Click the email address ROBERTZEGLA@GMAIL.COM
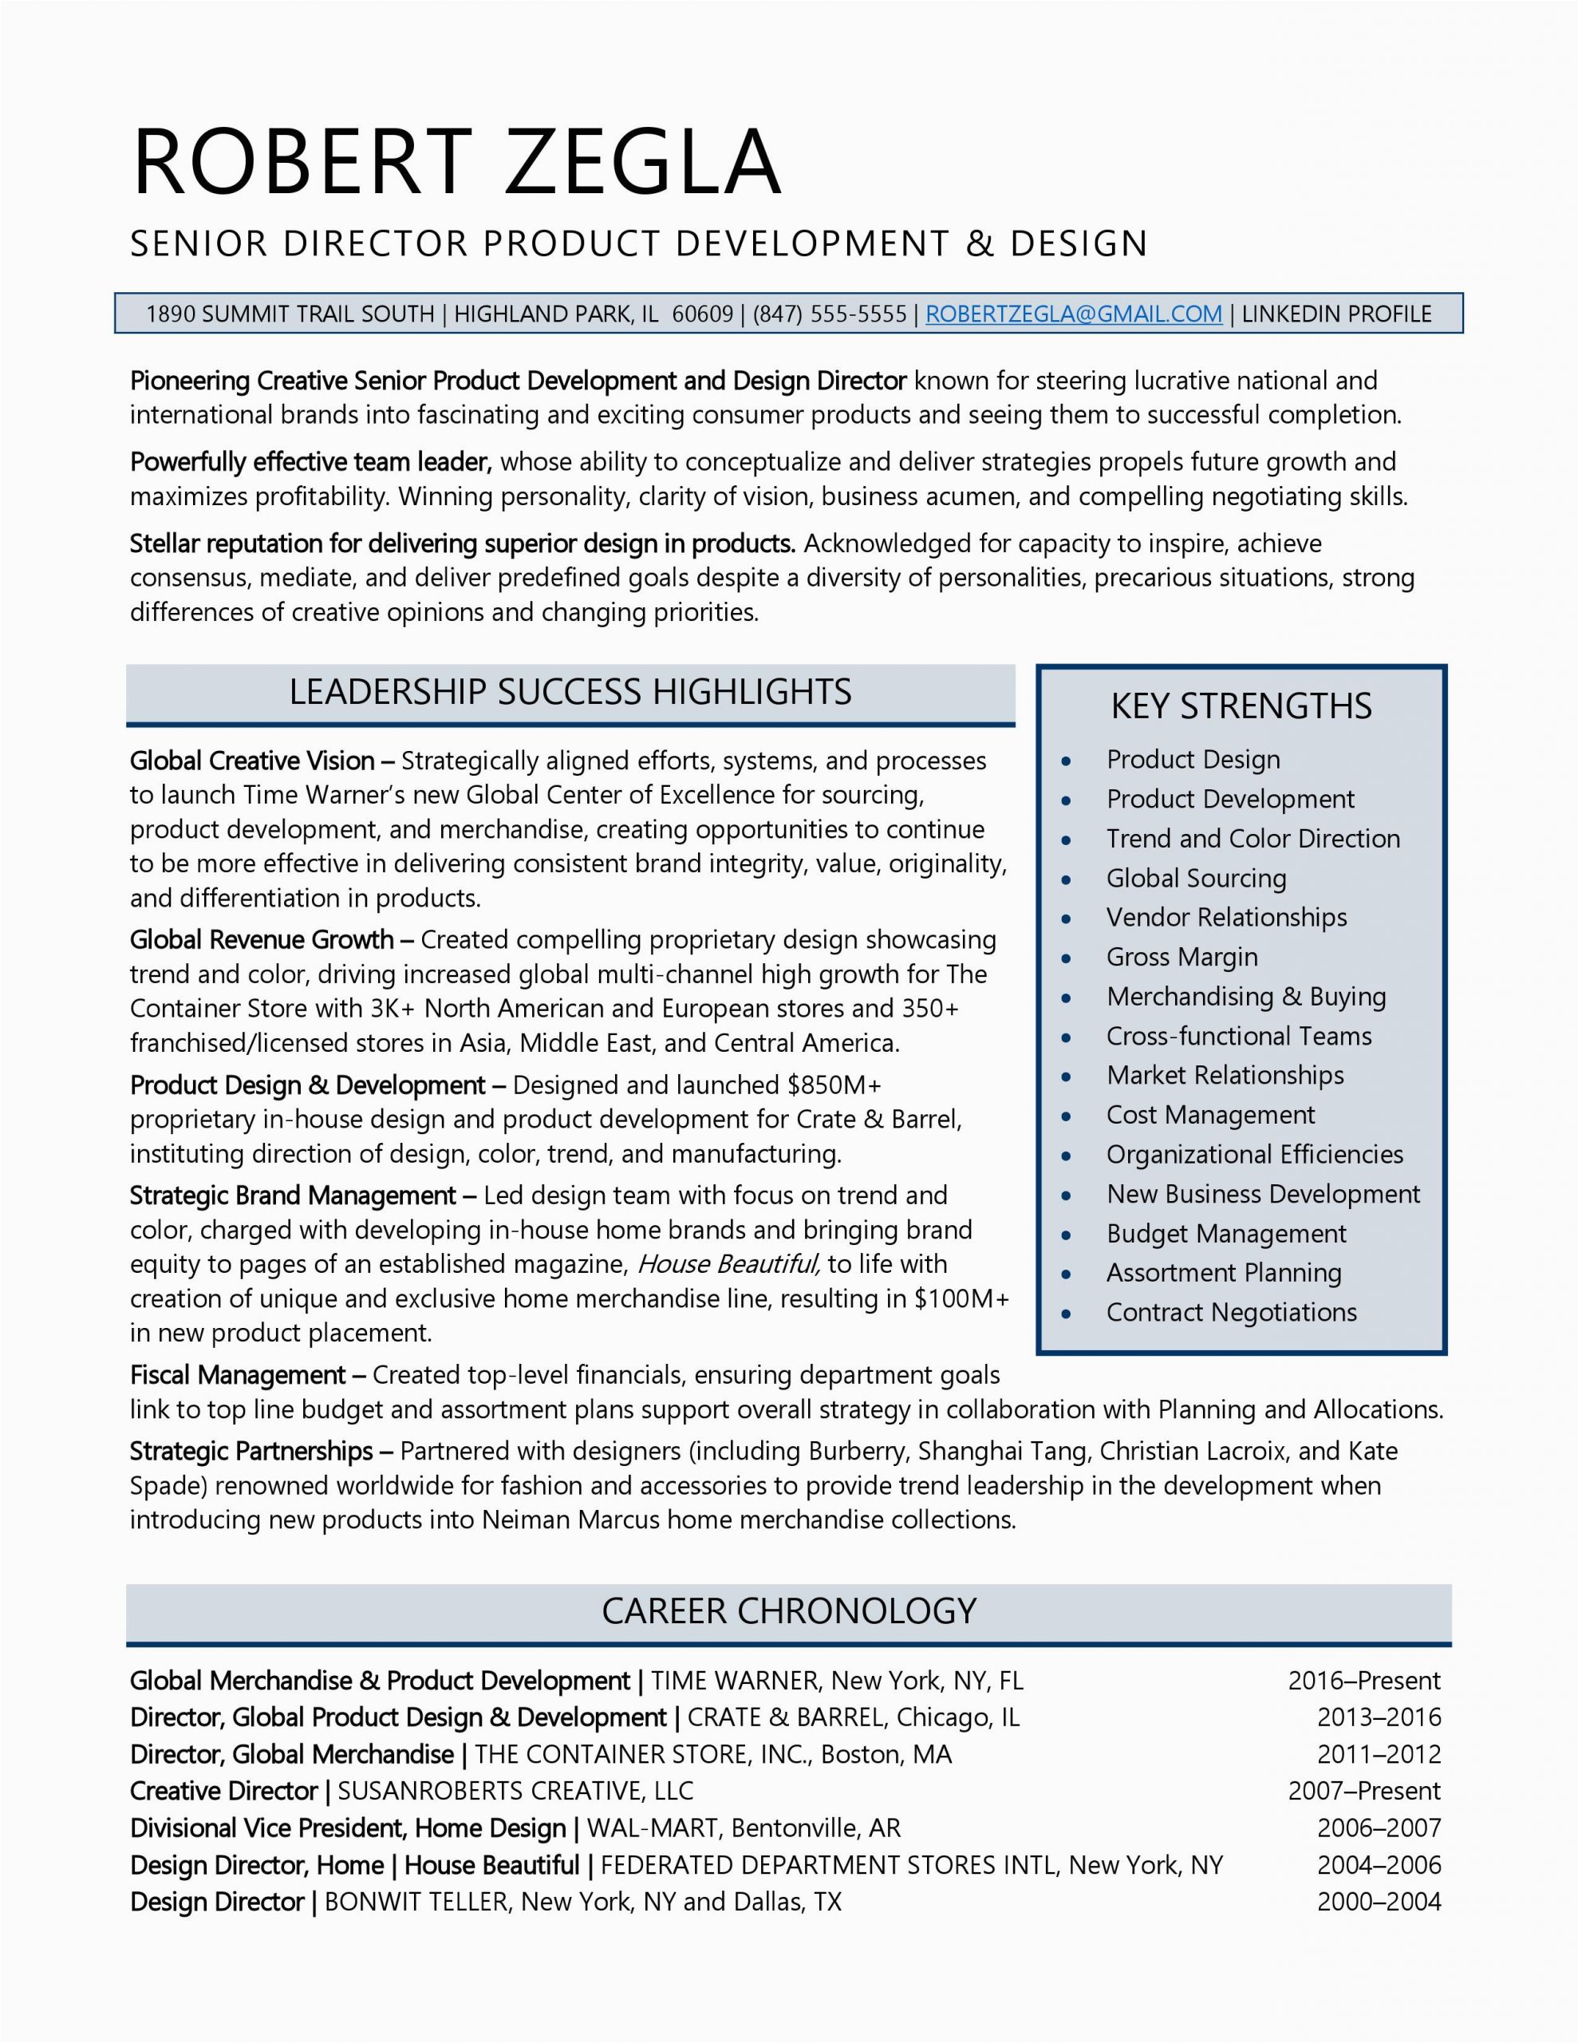(x=1073, y=314)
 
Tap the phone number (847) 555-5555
(x=829, y=314)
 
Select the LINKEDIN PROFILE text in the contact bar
(x=1335, y=314)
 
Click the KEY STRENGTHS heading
(x=1241, y=706)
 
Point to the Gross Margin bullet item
(x=1182, y=957)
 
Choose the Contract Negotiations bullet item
(x=1231, y=1313)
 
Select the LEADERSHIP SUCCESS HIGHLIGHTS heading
(x=570, y=692)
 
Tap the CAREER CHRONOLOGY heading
(x=788, y=1610)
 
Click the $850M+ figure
(x=834, y=1085)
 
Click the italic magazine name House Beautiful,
(x=728, y=1265)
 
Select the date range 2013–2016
(x=1379, y=1717)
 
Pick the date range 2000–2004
(x=1379, y=1902)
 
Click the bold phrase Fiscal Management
(x=238, y=1375)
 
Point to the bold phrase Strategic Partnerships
(x=251, y=1451)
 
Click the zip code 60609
(x=703, y=314)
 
